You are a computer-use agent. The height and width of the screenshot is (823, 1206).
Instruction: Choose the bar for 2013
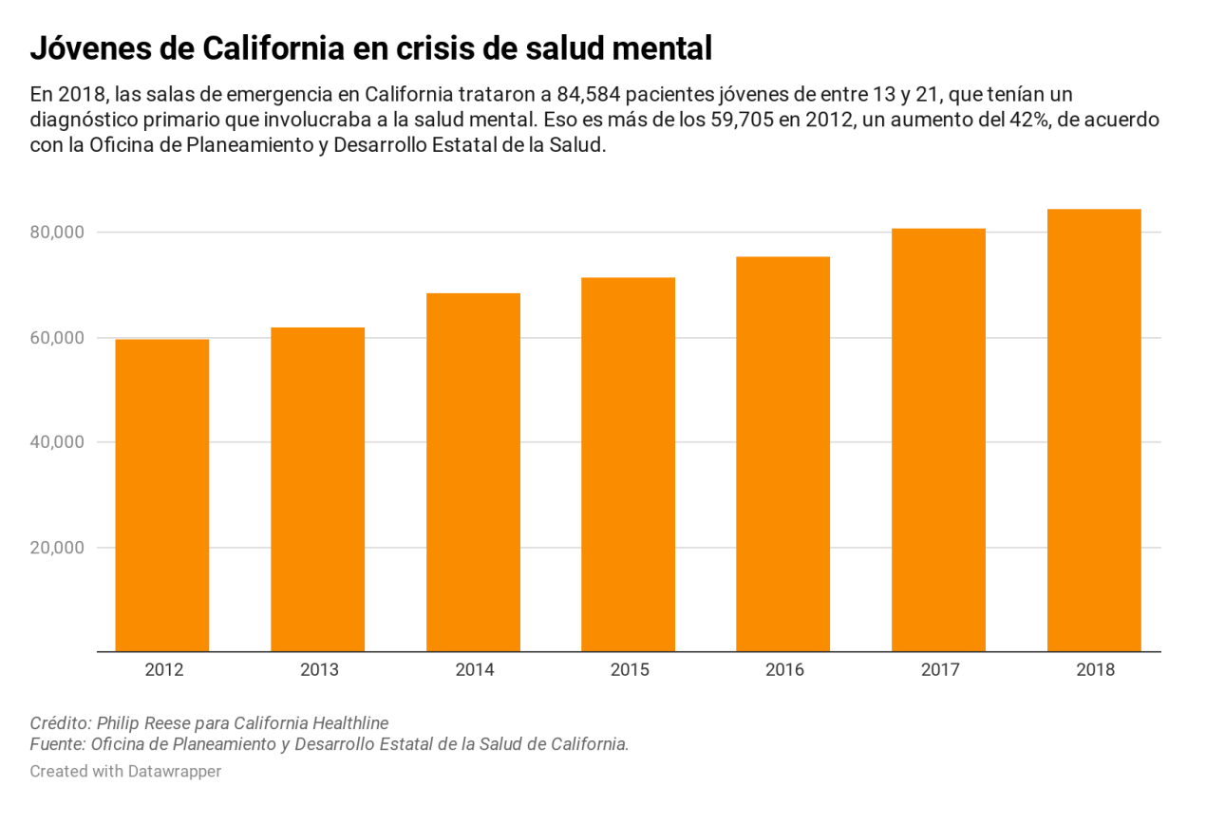pos(318,489)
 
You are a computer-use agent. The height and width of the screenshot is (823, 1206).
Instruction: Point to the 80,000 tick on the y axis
pos(58,233)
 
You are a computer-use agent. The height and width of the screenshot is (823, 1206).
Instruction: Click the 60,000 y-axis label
pos(58,338)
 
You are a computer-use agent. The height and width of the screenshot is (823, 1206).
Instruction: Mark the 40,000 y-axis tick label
pos(58,442)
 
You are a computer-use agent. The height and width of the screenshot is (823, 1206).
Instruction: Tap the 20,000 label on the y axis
pos(58,548)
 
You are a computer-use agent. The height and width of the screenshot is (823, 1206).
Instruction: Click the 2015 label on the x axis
pos(629,670)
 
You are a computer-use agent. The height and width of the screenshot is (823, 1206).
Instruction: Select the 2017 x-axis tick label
pos(939,670)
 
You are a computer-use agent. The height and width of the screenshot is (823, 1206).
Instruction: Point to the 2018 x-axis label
pos(1095,670)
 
